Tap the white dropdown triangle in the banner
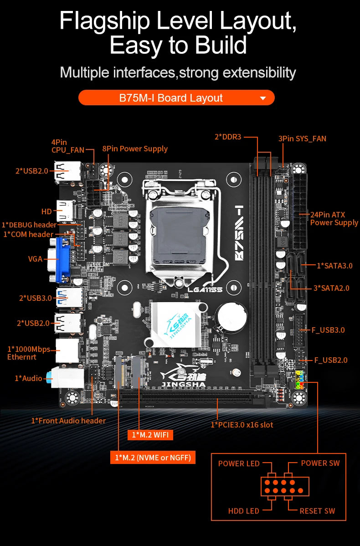(262, 98)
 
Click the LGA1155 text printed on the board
(205, 289)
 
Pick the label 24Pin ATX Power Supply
(334, 218)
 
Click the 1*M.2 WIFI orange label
(150, 435)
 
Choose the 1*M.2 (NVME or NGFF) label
(153, 457)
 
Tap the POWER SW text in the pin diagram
(320, 463)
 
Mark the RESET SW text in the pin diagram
(317, 511)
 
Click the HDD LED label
(243, 511)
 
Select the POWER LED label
(238, 464)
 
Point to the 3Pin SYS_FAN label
(302, 139)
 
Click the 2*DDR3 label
(228, 136)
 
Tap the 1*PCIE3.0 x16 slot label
(242, 425)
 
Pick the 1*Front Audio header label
(68, 421)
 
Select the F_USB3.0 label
(328, 330)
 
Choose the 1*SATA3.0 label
(334, 266)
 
